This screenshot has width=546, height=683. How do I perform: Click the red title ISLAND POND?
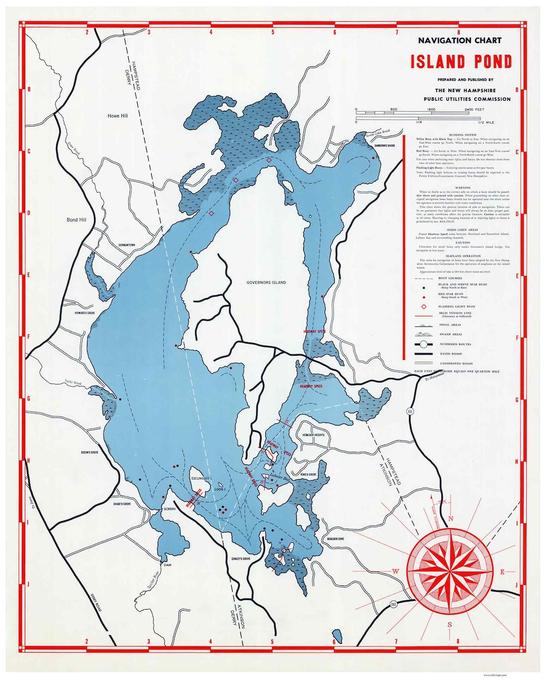461,62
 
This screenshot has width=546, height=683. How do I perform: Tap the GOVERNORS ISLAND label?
266,282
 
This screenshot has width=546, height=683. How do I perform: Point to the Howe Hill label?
118,116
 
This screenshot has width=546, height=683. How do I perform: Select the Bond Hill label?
76,220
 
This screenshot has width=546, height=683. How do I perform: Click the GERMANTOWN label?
126,245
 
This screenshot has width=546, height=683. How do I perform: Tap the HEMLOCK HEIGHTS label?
313,435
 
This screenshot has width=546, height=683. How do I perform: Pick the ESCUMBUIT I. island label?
201,478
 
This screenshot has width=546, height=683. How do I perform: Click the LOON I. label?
220,489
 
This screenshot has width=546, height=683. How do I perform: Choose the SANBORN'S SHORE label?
384,146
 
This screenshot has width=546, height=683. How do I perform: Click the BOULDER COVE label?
336,539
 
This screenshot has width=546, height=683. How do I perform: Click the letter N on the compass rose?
450,519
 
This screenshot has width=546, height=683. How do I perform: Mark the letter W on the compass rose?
396,572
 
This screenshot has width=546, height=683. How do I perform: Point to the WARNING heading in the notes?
463,188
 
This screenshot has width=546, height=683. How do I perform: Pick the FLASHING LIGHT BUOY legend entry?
458,307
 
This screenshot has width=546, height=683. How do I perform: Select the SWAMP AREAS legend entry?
450,334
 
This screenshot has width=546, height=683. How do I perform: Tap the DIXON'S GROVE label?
89,452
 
